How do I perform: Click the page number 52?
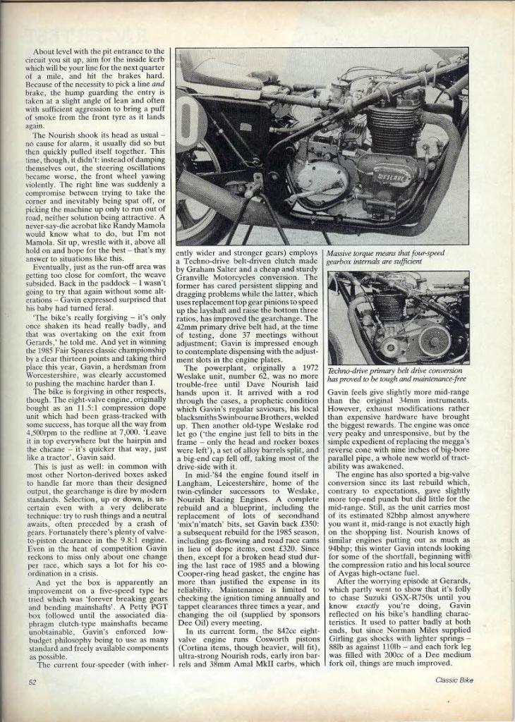tap(32, 682)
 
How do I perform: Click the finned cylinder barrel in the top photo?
tap(392, 127)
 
